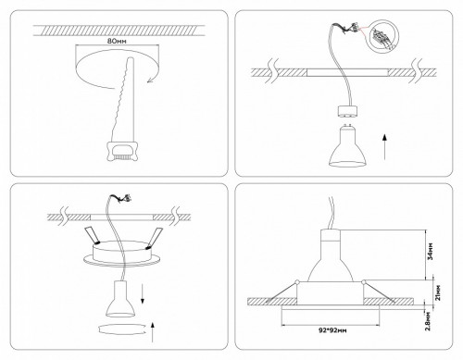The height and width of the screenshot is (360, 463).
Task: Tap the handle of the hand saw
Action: [122, 150]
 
